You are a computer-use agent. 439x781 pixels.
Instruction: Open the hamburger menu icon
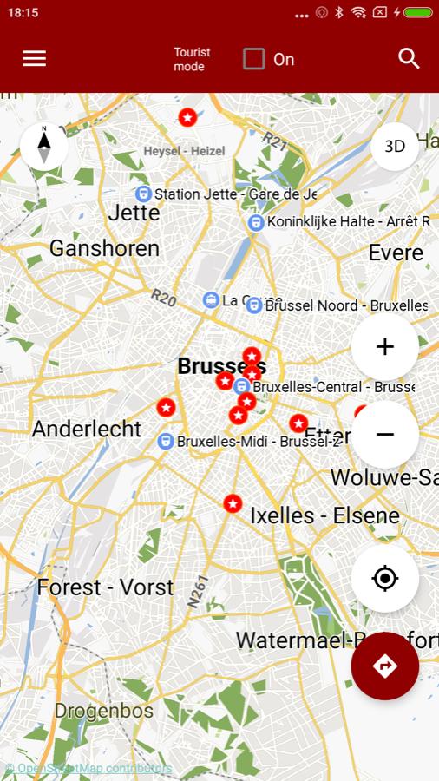[35, 58]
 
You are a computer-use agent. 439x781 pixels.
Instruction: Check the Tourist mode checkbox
[254, 59]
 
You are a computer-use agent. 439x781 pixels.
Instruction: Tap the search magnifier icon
[409, 58]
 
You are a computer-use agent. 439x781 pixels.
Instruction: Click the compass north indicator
[44, 146]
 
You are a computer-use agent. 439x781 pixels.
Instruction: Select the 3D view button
[395, 146]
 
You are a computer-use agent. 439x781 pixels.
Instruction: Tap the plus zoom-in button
[384, 347]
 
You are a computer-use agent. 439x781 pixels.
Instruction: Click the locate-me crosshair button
[384, 578]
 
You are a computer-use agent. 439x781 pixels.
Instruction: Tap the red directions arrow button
[384, 666]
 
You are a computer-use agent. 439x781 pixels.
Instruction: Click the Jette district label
[134, 213]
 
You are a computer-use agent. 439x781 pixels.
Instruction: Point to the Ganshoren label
[104, 249]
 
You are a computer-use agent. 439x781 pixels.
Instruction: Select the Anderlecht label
[87, 429]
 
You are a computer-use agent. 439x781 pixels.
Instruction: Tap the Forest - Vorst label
[105, 587]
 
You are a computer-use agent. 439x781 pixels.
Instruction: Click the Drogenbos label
[104, 712]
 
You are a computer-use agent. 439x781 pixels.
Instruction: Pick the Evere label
[396, 253]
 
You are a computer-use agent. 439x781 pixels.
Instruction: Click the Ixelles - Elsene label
[324, 515]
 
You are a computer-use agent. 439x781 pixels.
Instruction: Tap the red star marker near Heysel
[187, 116]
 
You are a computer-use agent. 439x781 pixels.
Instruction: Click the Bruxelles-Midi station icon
[166, 442]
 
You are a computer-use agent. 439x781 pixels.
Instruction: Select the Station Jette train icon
[144, 194]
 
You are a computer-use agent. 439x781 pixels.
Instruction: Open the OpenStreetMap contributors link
[88, 769]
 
